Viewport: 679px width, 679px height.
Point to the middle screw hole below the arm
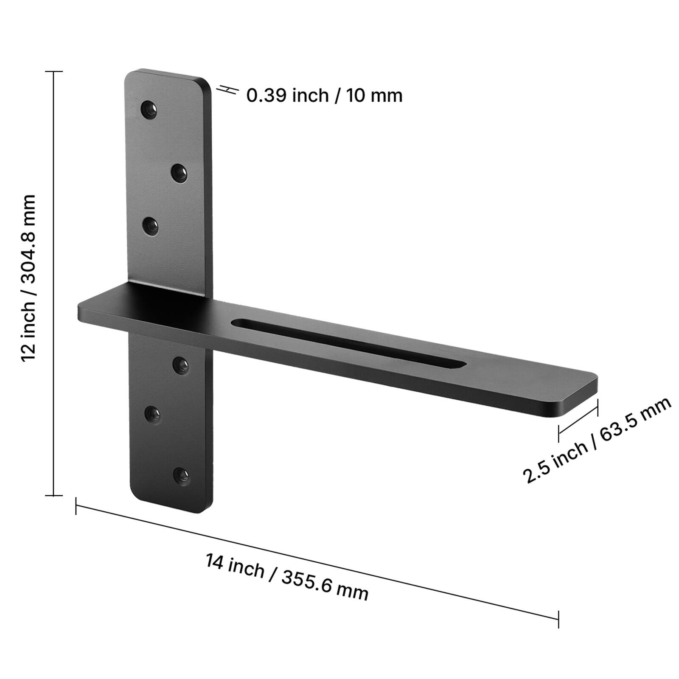coord(152,414)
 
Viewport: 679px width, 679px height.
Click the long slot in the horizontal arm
coord(348,342)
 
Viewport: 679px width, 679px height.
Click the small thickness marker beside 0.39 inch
coord(227,90)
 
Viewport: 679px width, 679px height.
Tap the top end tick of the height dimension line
coord(53,72)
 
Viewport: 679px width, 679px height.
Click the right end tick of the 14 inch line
coord(558,619)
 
